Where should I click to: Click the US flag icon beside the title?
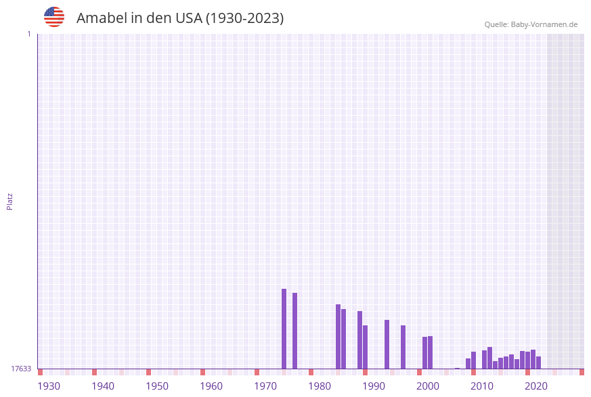coord(54,17)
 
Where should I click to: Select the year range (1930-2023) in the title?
coord(244,18)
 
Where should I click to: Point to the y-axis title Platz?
coord(10,201)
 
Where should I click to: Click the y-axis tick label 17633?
coord(21,369)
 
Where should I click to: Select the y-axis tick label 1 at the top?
coord(28,34)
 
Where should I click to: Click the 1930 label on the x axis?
coord(49,386)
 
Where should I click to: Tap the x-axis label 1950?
coord(157,386)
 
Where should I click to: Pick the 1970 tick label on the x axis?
coord(265,386)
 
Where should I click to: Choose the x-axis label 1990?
coord(374,386)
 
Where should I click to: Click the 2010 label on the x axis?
coord(482,386)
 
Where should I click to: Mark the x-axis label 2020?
coord(536,386)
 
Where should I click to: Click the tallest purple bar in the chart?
coord(284,329)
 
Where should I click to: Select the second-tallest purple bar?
coord(295,331)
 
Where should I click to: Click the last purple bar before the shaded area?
coord(539,363)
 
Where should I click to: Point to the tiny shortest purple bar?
coord(458,369)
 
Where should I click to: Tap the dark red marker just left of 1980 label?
coord(311,372)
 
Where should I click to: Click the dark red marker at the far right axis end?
coord(582,372)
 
